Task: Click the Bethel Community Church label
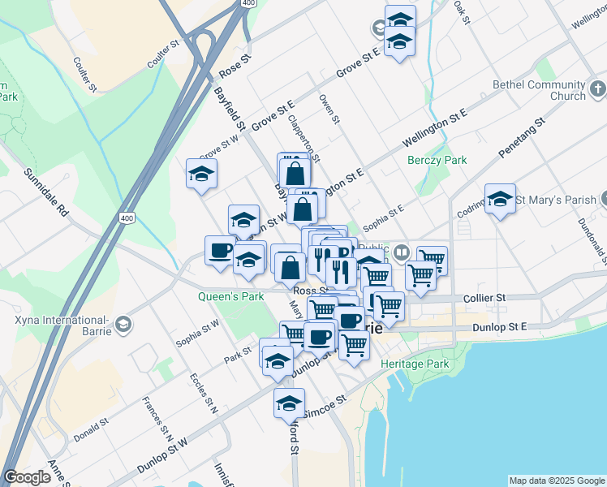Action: [x=556, y=90]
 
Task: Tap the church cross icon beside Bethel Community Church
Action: [x=597, y=88]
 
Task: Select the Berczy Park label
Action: [x=437, y=160]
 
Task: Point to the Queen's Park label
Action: [x=231, y=297]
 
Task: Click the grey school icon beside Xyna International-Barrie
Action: [x=122, y=325]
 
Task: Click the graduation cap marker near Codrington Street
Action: [x=500, y=199]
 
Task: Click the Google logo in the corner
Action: [x=28, y=477]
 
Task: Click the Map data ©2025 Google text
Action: [x=557, y=481]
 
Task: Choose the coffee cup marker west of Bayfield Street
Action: [x=219, y=250]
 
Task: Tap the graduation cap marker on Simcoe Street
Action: [x=289, y=402]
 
